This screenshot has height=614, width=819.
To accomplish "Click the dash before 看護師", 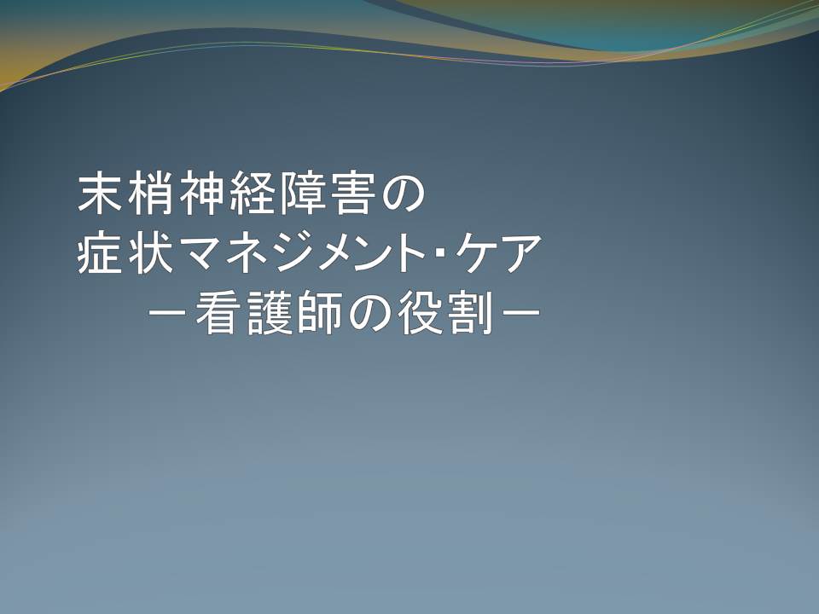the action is tap(168, 313).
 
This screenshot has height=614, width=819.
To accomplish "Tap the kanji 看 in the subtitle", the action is tap(216, 312).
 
